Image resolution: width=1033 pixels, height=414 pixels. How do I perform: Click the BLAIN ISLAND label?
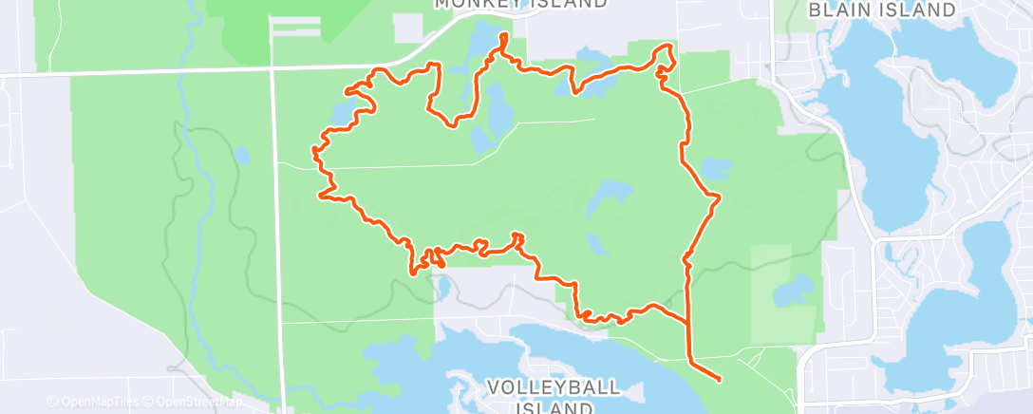point(881,10)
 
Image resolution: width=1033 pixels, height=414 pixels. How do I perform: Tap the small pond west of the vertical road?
point(242,154)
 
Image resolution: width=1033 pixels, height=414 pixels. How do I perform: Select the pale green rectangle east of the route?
point(784,294)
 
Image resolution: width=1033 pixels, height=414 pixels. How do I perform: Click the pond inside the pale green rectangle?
point(794,288)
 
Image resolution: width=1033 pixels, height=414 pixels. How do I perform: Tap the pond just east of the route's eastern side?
point(715,170)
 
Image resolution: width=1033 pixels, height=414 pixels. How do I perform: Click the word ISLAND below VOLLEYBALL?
point(555,407)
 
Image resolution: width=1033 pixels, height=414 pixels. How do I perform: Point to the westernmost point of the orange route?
point(313,150)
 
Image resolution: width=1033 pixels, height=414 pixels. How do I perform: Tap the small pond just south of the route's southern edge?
point(441,285)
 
